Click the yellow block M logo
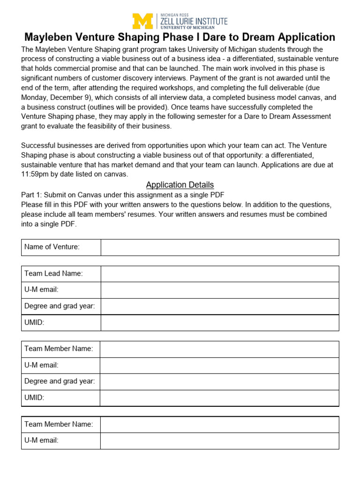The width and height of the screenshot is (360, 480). pos(143,22)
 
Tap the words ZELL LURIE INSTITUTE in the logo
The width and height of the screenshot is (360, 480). pos(194,21)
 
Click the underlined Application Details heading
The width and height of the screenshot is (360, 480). pos(180,185)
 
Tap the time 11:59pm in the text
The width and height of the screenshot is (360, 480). pos(37,174)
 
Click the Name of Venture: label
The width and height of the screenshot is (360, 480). pos(52,247)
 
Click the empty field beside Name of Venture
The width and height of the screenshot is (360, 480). pos(219,247)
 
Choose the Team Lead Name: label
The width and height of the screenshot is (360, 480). pos(53,274)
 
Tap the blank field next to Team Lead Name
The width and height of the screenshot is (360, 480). pos(219,274)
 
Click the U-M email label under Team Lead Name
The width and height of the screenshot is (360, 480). pos(41,290)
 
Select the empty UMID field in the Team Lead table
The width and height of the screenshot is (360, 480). pos(219,322)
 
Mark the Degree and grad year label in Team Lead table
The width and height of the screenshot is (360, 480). pos(60,306)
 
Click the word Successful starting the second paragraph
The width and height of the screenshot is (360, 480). pos(40,145)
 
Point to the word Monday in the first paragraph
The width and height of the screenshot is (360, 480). pos(35,97)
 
